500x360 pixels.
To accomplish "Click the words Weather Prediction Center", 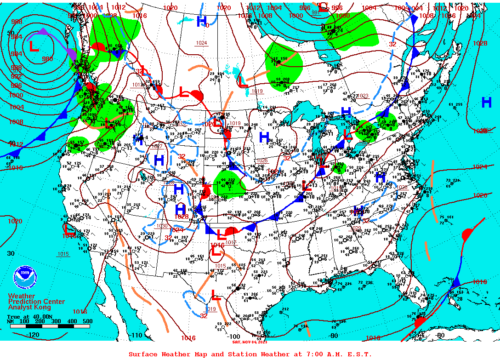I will click(x=36, y=299).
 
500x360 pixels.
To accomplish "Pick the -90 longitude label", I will click(x=334, y=335).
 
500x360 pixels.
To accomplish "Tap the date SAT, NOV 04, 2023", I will click(x=250, y=342).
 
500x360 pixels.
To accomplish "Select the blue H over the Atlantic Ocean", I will click(x=486, y=103).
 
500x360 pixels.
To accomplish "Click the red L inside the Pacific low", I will click(x=34, y=46).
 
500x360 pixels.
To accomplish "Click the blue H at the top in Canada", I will click(x=201, y=21).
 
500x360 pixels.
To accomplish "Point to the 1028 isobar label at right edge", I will click(x=480, y=43).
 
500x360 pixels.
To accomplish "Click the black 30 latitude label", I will click(x=11, y=253).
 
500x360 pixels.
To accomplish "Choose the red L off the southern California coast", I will click(x=70, y=228).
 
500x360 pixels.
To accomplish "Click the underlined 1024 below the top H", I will click(x=201, y=43).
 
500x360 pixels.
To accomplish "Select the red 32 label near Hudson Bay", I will click(x=392, y=44).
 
